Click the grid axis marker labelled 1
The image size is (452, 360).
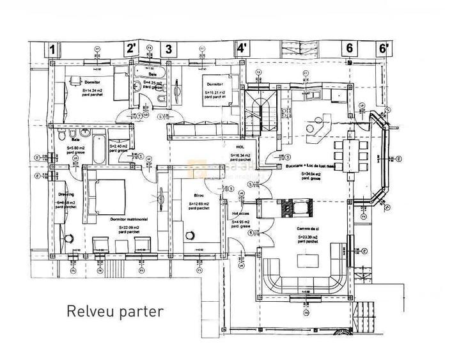tap(54, 49)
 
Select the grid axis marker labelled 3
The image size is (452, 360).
tap(169, 49)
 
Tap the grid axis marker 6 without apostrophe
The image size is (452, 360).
tap(350, 49)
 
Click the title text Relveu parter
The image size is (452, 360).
tap(115, 312)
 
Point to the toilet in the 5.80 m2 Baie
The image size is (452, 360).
tap(59, 136)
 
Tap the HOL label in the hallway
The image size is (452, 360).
tap(242, 146)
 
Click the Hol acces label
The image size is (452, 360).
tap(241, 214)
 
